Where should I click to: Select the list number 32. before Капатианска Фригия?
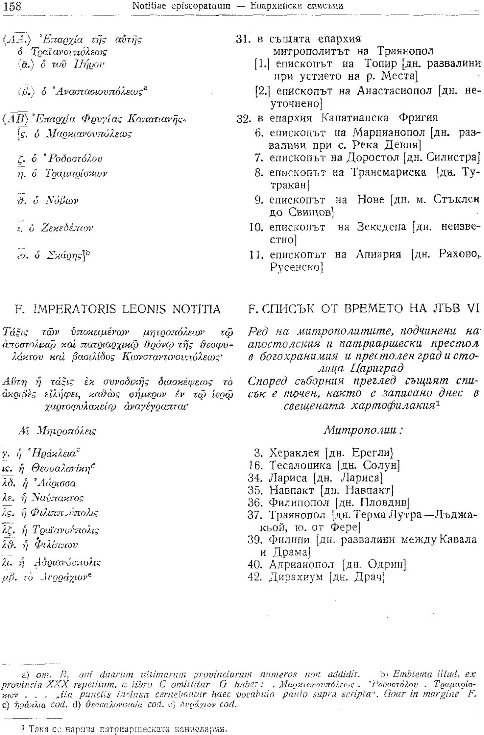pos(244,117)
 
